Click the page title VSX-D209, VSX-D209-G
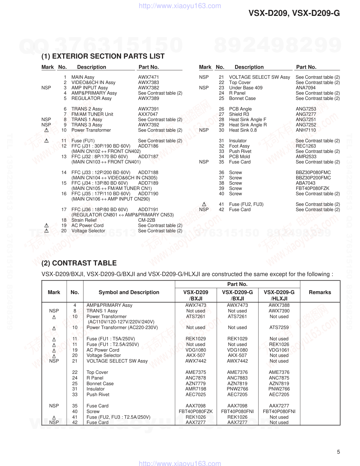point(294,13)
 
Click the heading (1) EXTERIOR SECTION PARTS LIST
point(103,56)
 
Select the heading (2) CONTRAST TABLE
point(79,263)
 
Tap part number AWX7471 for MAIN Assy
point(148,77)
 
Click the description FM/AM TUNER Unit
point(92,114)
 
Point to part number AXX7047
point(148,114)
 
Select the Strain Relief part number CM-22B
point(146,220)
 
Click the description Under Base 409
point(246,88)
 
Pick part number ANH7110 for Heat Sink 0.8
point(306,130)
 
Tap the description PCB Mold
point(239,156)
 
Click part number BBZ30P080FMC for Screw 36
point(313,172)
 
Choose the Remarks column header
point(320,292)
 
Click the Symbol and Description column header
point(129,292)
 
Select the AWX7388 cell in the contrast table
point(279,305)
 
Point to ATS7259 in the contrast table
point(279,327)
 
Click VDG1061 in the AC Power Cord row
point(279,350)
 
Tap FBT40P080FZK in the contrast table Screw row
point(196,411)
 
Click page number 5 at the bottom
point(338,452)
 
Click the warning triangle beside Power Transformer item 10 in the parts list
point(46,130)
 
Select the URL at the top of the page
point(180,6)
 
